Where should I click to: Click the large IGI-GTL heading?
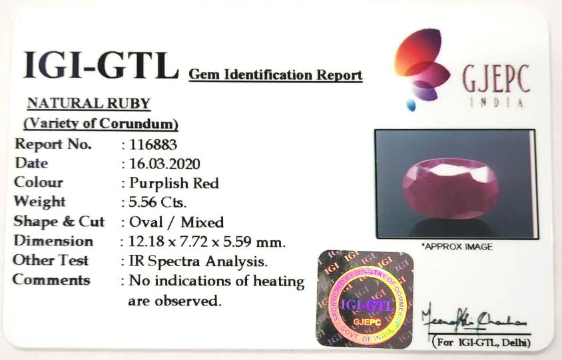[101, 65]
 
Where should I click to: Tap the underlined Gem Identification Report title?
[276, 75]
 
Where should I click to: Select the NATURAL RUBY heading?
[89, 103]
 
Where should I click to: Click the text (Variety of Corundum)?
[101, 124]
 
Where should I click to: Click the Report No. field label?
[53, 144]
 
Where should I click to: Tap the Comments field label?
[51, 279]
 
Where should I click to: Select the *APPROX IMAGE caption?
[457, 247]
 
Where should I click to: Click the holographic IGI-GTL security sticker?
[364, 298]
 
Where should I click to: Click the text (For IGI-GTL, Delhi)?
[481, 343]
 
